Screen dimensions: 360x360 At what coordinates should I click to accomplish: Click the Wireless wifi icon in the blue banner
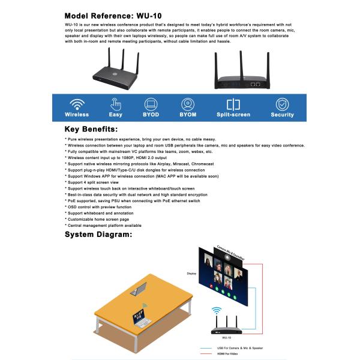tap(77, 103)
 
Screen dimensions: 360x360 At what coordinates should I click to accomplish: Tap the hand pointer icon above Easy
tap(116, 103)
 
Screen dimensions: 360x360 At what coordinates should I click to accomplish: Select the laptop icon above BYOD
tap(151, 103)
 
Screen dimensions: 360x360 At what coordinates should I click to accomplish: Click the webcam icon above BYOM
tap(188, 103)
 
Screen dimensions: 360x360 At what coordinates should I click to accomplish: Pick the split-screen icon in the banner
tap(233, 103)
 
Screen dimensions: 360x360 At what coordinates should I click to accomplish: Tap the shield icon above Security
tap(282, 103)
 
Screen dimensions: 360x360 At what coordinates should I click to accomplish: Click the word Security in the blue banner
tap(282, 114)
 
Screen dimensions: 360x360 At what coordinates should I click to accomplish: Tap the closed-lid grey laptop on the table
tap(140, 292)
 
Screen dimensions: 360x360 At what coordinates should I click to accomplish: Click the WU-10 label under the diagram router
tap(226, 337)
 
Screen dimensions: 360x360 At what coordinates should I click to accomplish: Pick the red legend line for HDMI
tap(208, 353)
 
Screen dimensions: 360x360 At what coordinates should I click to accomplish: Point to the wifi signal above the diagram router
tap(217, 311)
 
